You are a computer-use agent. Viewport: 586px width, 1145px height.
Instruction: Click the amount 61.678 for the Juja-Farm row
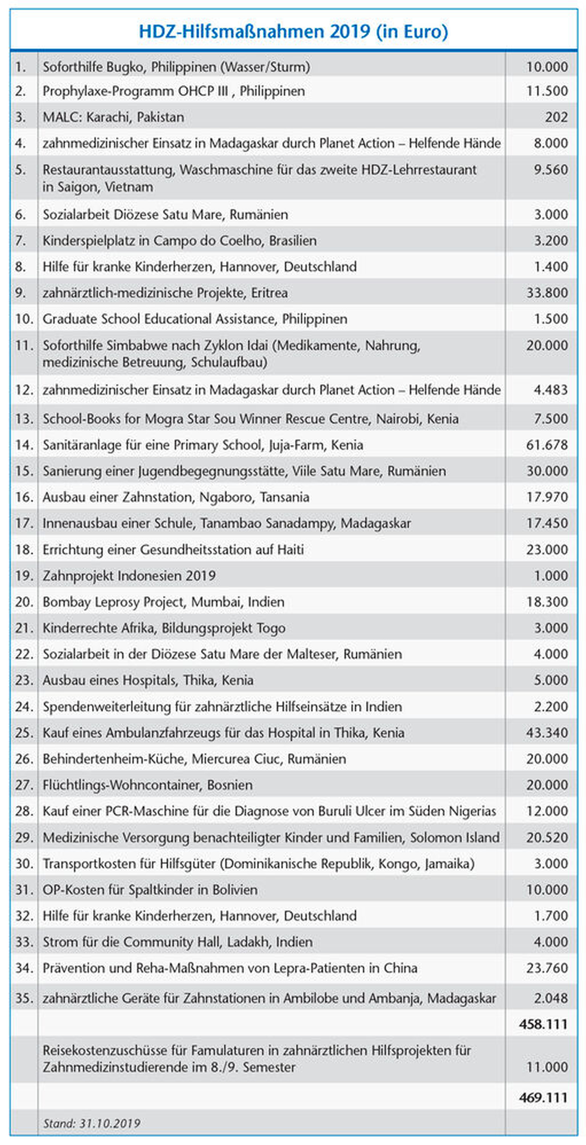[547, 445]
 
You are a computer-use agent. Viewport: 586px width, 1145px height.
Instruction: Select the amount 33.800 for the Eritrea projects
[547, 293]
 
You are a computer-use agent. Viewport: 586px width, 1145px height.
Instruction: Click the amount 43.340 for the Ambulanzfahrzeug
[547, 733]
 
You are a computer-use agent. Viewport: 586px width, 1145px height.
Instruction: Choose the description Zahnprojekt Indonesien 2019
[129, 576]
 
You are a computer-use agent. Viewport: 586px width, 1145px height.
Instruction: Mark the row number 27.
[24, 785]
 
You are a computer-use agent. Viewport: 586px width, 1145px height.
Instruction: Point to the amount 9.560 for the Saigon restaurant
[551, 169]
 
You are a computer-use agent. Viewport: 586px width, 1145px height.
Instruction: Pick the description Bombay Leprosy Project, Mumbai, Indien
[163, 602]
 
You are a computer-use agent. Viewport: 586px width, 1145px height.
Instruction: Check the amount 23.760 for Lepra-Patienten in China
[547, 968]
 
